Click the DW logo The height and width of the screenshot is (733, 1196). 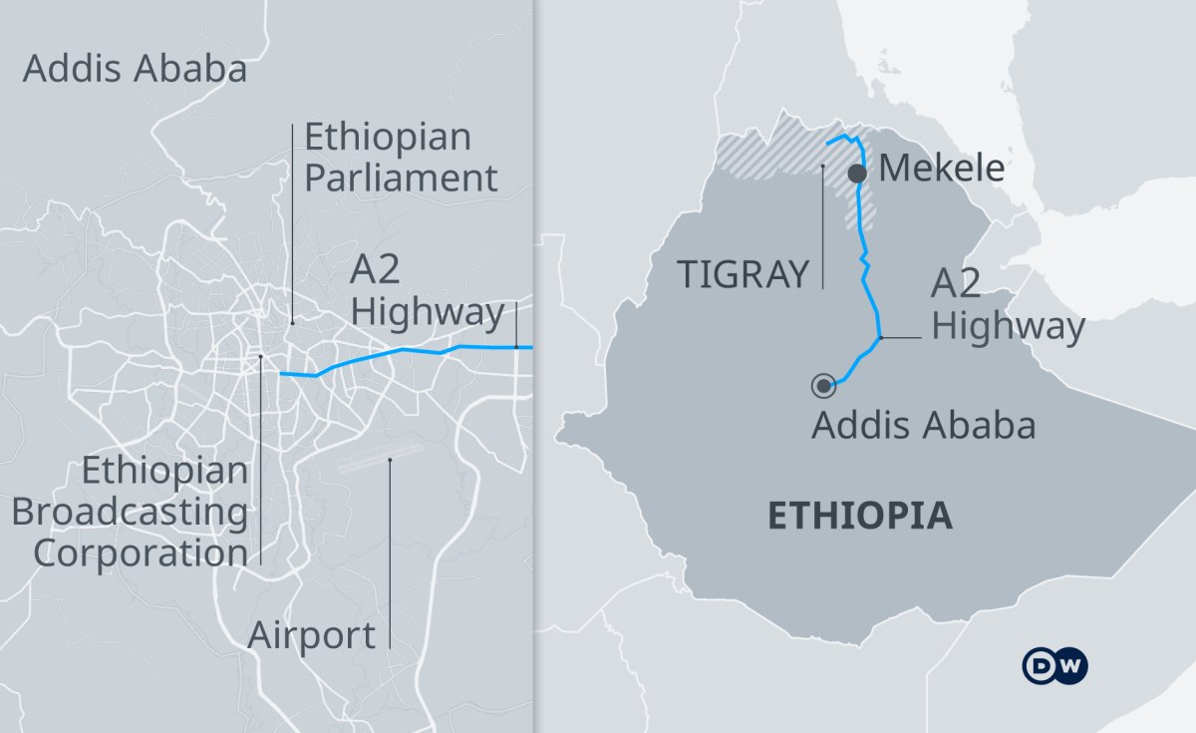pos(1055,666)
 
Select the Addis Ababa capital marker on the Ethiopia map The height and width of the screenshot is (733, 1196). pos(824,385)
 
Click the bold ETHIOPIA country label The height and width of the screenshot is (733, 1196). pos(859,517)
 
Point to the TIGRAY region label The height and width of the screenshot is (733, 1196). pos(742,273)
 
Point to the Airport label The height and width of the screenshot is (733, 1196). pos(312,634)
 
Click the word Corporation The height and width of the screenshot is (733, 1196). pos(140,552)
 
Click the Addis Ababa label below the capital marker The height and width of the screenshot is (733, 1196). pos(923,425)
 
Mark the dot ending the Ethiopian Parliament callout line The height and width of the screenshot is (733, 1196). pos(292,323)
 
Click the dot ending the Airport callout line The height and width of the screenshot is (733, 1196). pos(390,460)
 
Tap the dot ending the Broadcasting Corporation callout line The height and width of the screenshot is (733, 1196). pos(260,356)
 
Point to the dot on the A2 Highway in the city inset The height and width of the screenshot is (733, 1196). pos(516,347)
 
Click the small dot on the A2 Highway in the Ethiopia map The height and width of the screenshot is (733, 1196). pos(881,339)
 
